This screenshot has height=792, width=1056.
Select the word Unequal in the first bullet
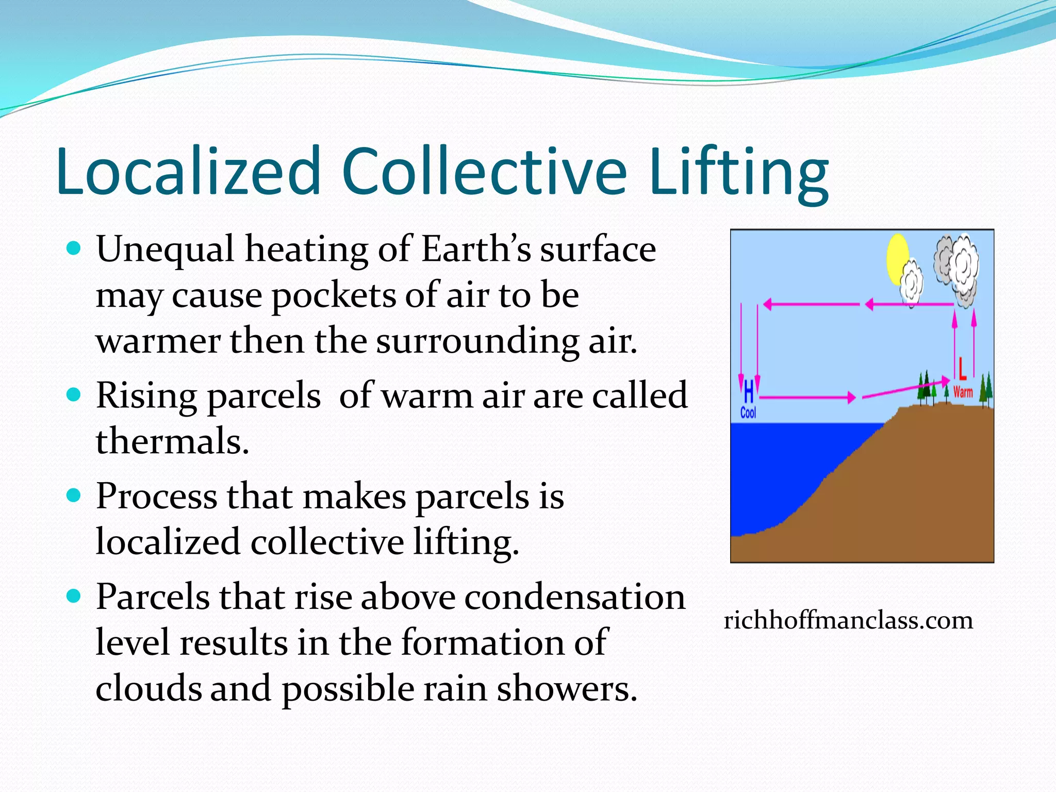coord(165,250)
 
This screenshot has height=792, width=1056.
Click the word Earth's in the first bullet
coord(476,250)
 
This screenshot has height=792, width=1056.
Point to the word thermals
coord(172,441)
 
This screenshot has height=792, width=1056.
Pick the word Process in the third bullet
coord(156,496)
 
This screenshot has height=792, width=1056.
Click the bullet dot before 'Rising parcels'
coord(74,395)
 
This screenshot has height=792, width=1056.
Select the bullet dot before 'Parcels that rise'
coord(74,597)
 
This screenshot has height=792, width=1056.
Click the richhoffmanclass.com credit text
coord(848,620)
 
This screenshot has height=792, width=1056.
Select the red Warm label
coord(963,392)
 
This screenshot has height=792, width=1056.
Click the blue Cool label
coord(748,412)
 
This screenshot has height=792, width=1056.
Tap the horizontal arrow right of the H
coord(807,398)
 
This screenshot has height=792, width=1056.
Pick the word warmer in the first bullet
coord(158,341)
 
